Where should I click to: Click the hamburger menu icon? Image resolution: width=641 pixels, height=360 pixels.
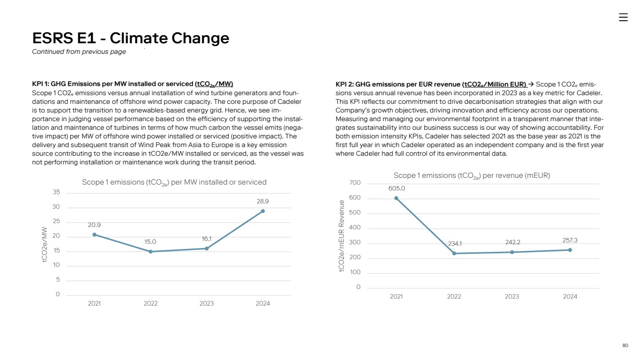[x=623, y=17]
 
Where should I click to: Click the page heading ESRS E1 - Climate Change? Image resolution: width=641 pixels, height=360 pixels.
[x=130, y=38]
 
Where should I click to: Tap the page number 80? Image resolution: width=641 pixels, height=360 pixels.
[x=625, y=345]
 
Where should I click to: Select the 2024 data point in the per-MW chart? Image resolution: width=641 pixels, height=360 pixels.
[x=263, y=211]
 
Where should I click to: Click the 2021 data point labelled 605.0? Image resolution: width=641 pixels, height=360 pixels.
[x=396, y=198]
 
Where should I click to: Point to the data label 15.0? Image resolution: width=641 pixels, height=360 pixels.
[x=151, y=242]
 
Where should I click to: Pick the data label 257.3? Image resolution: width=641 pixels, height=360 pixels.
[x=570, y=240]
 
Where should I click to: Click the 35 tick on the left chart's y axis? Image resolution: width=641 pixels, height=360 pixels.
[x=56, y=192]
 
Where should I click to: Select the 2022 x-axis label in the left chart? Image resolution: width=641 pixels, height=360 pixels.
[x=151, y=304]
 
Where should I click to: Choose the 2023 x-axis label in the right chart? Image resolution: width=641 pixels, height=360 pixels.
[x=512, y=297]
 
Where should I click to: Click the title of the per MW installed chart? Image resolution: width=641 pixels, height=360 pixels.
[x=174, y=183]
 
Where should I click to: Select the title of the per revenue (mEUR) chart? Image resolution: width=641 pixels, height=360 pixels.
[x=472, y=176]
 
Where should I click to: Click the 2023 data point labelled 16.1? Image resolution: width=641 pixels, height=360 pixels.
[x=207, y=248]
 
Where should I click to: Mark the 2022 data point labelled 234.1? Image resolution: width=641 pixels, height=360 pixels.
[x=454, y=253]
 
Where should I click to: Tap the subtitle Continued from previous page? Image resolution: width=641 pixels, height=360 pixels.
[x=79, y=52]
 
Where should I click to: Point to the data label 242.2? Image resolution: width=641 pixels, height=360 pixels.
[x=512, y=242]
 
